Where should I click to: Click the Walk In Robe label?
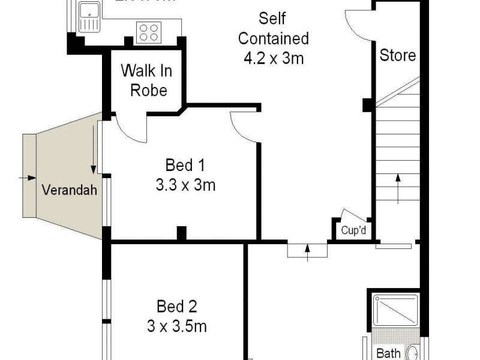click(x=146, y=80)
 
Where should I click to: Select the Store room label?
click(x=398, y=56)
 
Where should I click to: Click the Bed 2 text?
click(x=177, y=307)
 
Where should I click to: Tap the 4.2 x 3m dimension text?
click(x=273, y=59)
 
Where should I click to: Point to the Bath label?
click(x=388, y=353)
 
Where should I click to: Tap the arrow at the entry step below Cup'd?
click(x=308, y=250)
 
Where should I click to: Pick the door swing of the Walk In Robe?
click(x=131, y=128)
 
